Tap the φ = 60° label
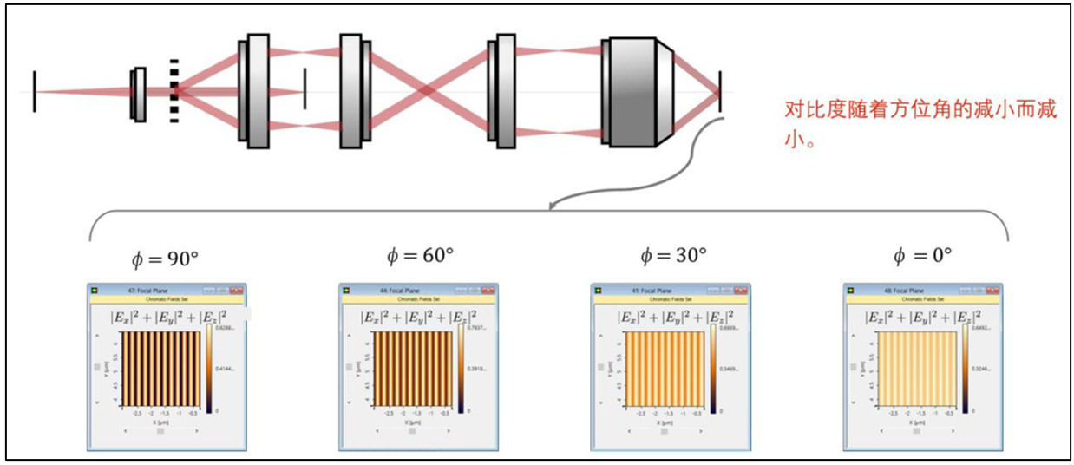point(420,256)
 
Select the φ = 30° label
point(673,256)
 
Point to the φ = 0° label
point(923,256)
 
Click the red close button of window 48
point(993,290)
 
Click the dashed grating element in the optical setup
point(174,91)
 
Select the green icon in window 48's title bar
point(851,290)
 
